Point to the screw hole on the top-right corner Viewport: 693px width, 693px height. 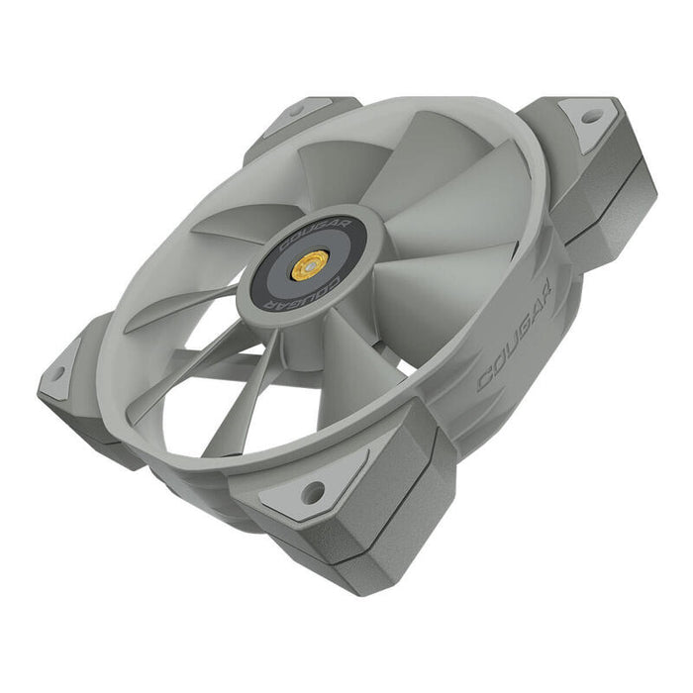591,116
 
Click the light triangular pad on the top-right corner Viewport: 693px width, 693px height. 588,121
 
